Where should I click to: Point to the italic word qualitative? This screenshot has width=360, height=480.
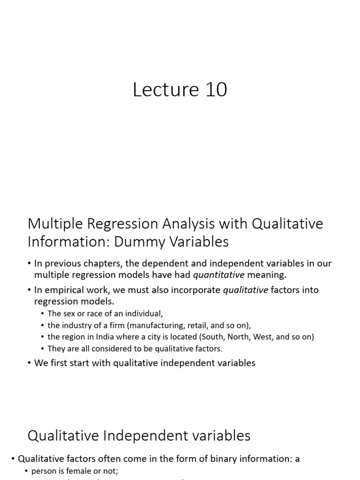coord(245,290)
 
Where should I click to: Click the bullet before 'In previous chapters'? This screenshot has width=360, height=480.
coord(30,263)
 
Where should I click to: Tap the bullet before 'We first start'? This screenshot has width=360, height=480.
coord(30,363)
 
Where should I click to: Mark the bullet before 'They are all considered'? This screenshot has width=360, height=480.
coord(43,348)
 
